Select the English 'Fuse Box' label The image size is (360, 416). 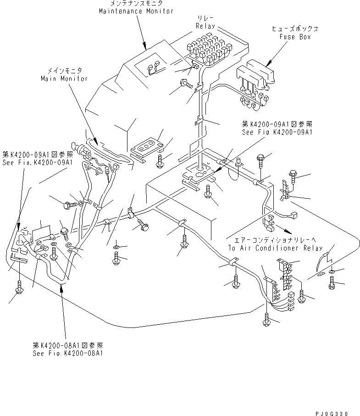coord(294,37)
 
